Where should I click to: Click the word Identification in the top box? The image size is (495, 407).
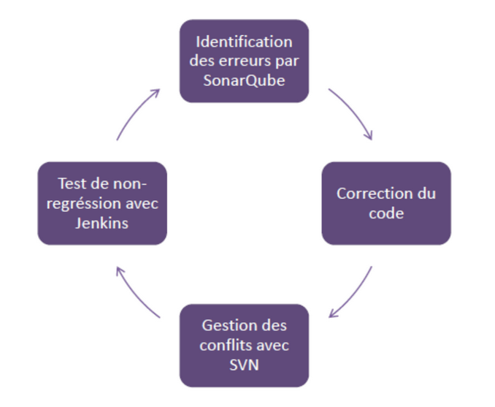pos(244,42)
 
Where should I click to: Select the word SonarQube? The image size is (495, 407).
pos(244,80)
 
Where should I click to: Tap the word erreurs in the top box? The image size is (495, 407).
pos(241,61)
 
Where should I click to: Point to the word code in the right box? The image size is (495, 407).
pos(385,213)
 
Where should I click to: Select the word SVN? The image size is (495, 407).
pos(244,363)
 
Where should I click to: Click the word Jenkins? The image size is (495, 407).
pos(102,222)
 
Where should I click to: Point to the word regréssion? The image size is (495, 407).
pos(86,203)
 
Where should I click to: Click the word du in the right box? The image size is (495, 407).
pos(426,194)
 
